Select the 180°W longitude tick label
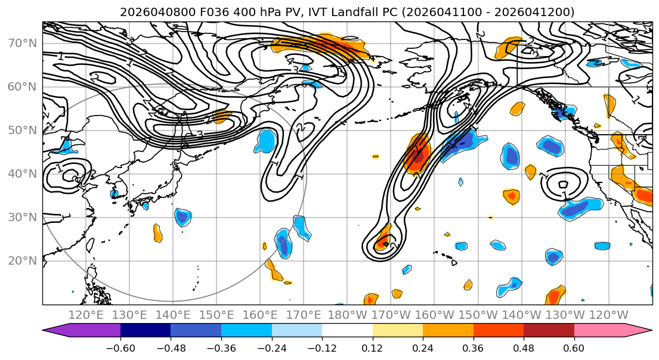tap(347, 315)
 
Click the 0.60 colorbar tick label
tap(574, 347)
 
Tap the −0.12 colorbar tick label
tap(322, 347)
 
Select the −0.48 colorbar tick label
tap(171, 347)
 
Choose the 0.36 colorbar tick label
tap(473, 347)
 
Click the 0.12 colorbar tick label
tap(372, 347)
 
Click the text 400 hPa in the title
tap(237, 12)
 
